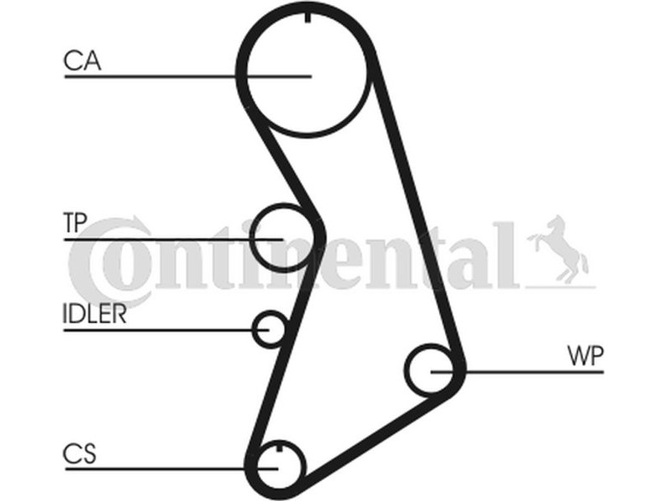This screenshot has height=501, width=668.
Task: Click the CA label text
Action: [82, 60]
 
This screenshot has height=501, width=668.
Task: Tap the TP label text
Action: [75, 222]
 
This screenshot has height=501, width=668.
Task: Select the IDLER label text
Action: [94, 314]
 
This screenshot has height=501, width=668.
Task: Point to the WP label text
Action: [586, 357]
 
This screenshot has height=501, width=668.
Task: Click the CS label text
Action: [79, 453]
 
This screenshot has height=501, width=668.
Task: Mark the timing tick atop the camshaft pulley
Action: [307, 18]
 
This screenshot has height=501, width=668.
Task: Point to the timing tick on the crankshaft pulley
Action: [280, 448]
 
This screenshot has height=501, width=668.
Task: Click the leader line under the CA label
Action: [188, 77]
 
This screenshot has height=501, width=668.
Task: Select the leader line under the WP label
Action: [517, 372]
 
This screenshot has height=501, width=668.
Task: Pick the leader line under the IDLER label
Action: [166, 330]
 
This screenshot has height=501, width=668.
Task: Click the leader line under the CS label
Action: [172, 469]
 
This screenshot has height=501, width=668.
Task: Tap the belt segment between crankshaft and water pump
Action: [375, 434]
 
